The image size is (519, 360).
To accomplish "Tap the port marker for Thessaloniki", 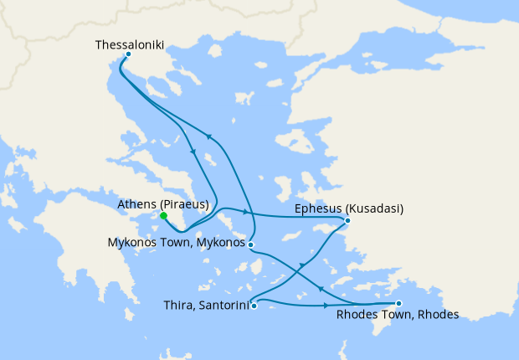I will (127, 55).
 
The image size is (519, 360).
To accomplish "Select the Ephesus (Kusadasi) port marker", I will (347, 221).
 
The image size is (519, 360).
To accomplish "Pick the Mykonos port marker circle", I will (251, 244).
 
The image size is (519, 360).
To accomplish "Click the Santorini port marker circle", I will (254, 306).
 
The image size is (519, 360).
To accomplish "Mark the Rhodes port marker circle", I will (398, 303).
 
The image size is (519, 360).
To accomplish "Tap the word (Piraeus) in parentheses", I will (183, 203).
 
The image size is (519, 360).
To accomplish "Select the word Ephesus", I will (319, 208).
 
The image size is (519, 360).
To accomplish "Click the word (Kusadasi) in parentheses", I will (373, 208).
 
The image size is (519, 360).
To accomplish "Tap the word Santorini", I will (222, 306).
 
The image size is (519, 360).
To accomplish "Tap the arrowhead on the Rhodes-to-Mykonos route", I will (322, 286).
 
